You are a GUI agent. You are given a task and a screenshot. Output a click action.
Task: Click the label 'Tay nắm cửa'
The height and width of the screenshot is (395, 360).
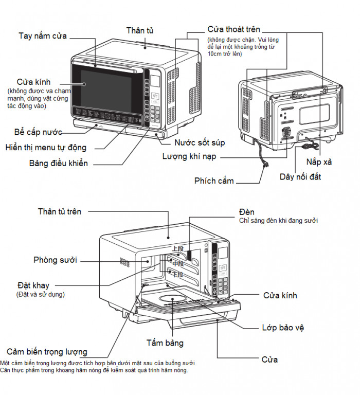pos(43,36)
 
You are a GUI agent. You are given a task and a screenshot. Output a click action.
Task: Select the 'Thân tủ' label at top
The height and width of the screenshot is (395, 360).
pos(140,31)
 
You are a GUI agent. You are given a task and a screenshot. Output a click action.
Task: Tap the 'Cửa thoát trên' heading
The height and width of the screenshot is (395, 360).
pos(233,29)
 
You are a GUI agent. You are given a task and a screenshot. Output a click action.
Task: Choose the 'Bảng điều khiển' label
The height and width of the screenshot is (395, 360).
pos(58,164)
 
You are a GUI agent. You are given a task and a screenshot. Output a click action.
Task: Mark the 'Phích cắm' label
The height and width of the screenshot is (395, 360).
pos(214,181)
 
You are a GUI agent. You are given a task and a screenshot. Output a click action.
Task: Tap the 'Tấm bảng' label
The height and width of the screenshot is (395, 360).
pos(165,343)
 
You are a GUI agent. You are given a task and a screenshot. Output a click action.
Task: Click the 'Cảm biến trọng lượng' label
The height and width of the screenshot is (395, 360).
pos(47,352)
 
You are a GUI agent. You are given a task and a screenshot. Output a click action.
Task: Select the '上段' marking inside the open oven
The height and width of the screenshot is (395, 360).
pos(177,248)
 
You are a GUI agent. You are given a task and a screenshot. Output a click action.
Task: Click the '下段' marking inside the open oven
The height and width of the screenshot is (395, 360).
pos(177,275)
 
